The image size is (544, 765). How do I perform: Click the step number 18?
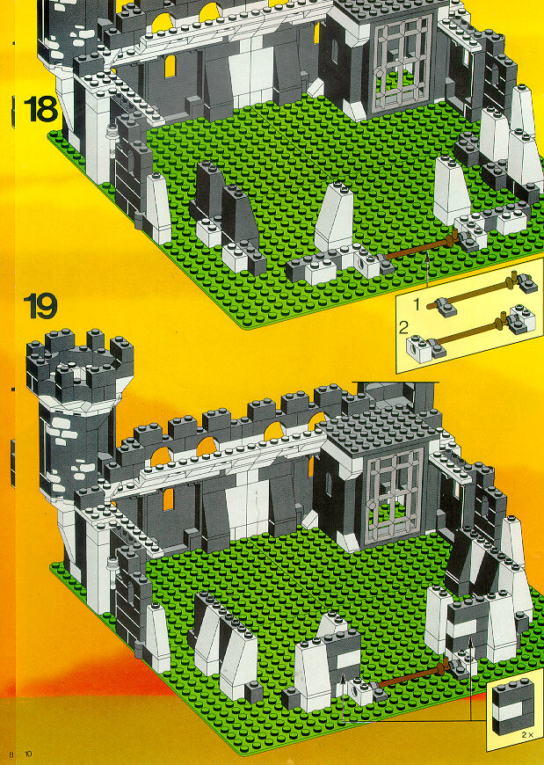[x=40, y=109]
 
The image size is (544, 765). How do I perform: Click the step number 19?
[x=40, y=306]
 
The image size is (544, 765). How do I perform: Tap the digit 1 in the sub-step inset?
[x=417, y=304]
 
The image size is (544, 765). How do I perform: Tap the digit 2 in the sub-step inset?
[x=403, y=328]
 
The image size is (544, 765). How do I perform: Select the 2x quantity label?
[x=527, y=748]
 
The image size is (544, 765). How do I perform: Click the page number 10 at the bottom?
[x=28, y=754]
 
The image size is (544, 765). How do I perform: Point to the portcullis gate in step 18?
[x=403, y=62]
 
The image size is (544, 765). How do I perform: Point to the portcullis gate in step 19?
[x=394, y=494]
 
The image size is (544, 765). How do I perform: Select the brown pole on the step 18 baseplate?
[x=419, y=250]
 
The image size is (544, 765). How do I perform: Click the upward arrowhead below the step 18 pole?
[x=427, y=254]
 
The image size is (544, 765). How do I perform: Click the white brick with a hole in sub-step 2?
[x=420, y=348]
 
